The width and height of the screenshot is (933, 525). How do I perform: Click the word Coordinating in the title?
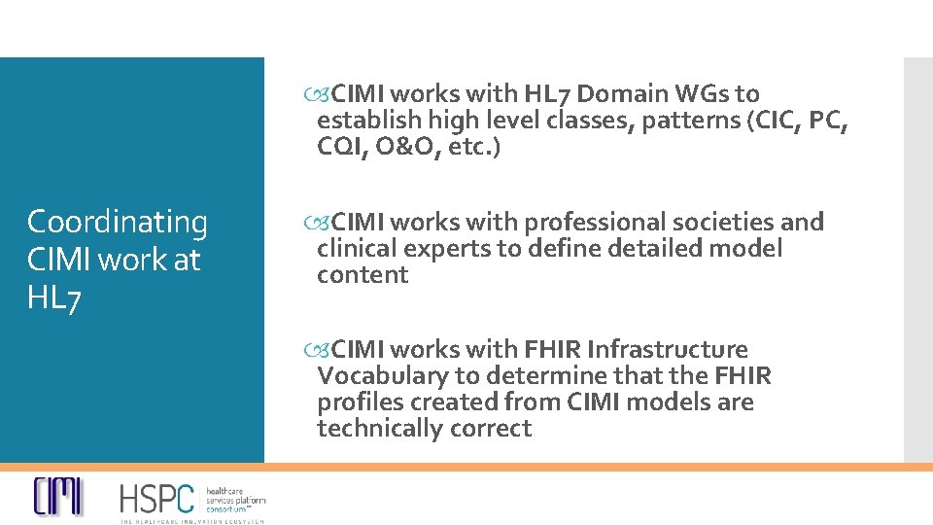pyautogui.click(x=117, y=223)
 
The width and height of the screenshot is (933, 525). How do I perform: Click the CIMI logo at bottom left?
pyautogui.click(x=58, y=497)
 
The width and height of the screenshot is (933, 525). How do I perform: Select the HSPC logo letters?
pyautogui.click(x=156, y=499)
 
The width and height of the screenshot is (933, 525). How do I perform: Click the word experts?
pyautogui.click(x=448, y=249)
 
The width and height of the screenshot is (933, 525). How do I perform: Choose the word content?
pyautogui.click(x=363, y=275)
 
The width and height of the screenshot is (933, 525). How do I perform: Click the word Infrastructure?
pyautogui.click(x=667, y=349)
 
